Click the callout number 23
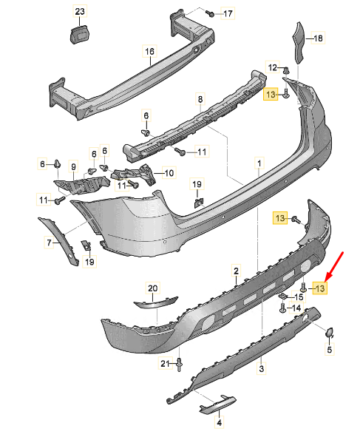(x=80, y=12)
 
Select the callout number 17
(x=228, y=13)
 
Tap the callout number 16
(x=149, y=52)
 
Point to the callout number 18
(x=318, y=38)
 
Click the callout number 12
(x=272, y=67)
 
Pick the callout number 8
(x=200, y=99)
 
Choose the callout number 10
(x=169, y=173)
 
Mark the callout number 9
(x=73, y=167)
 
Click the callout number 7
(x=50, y=243)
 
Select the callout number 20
(x=153, y=288)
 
